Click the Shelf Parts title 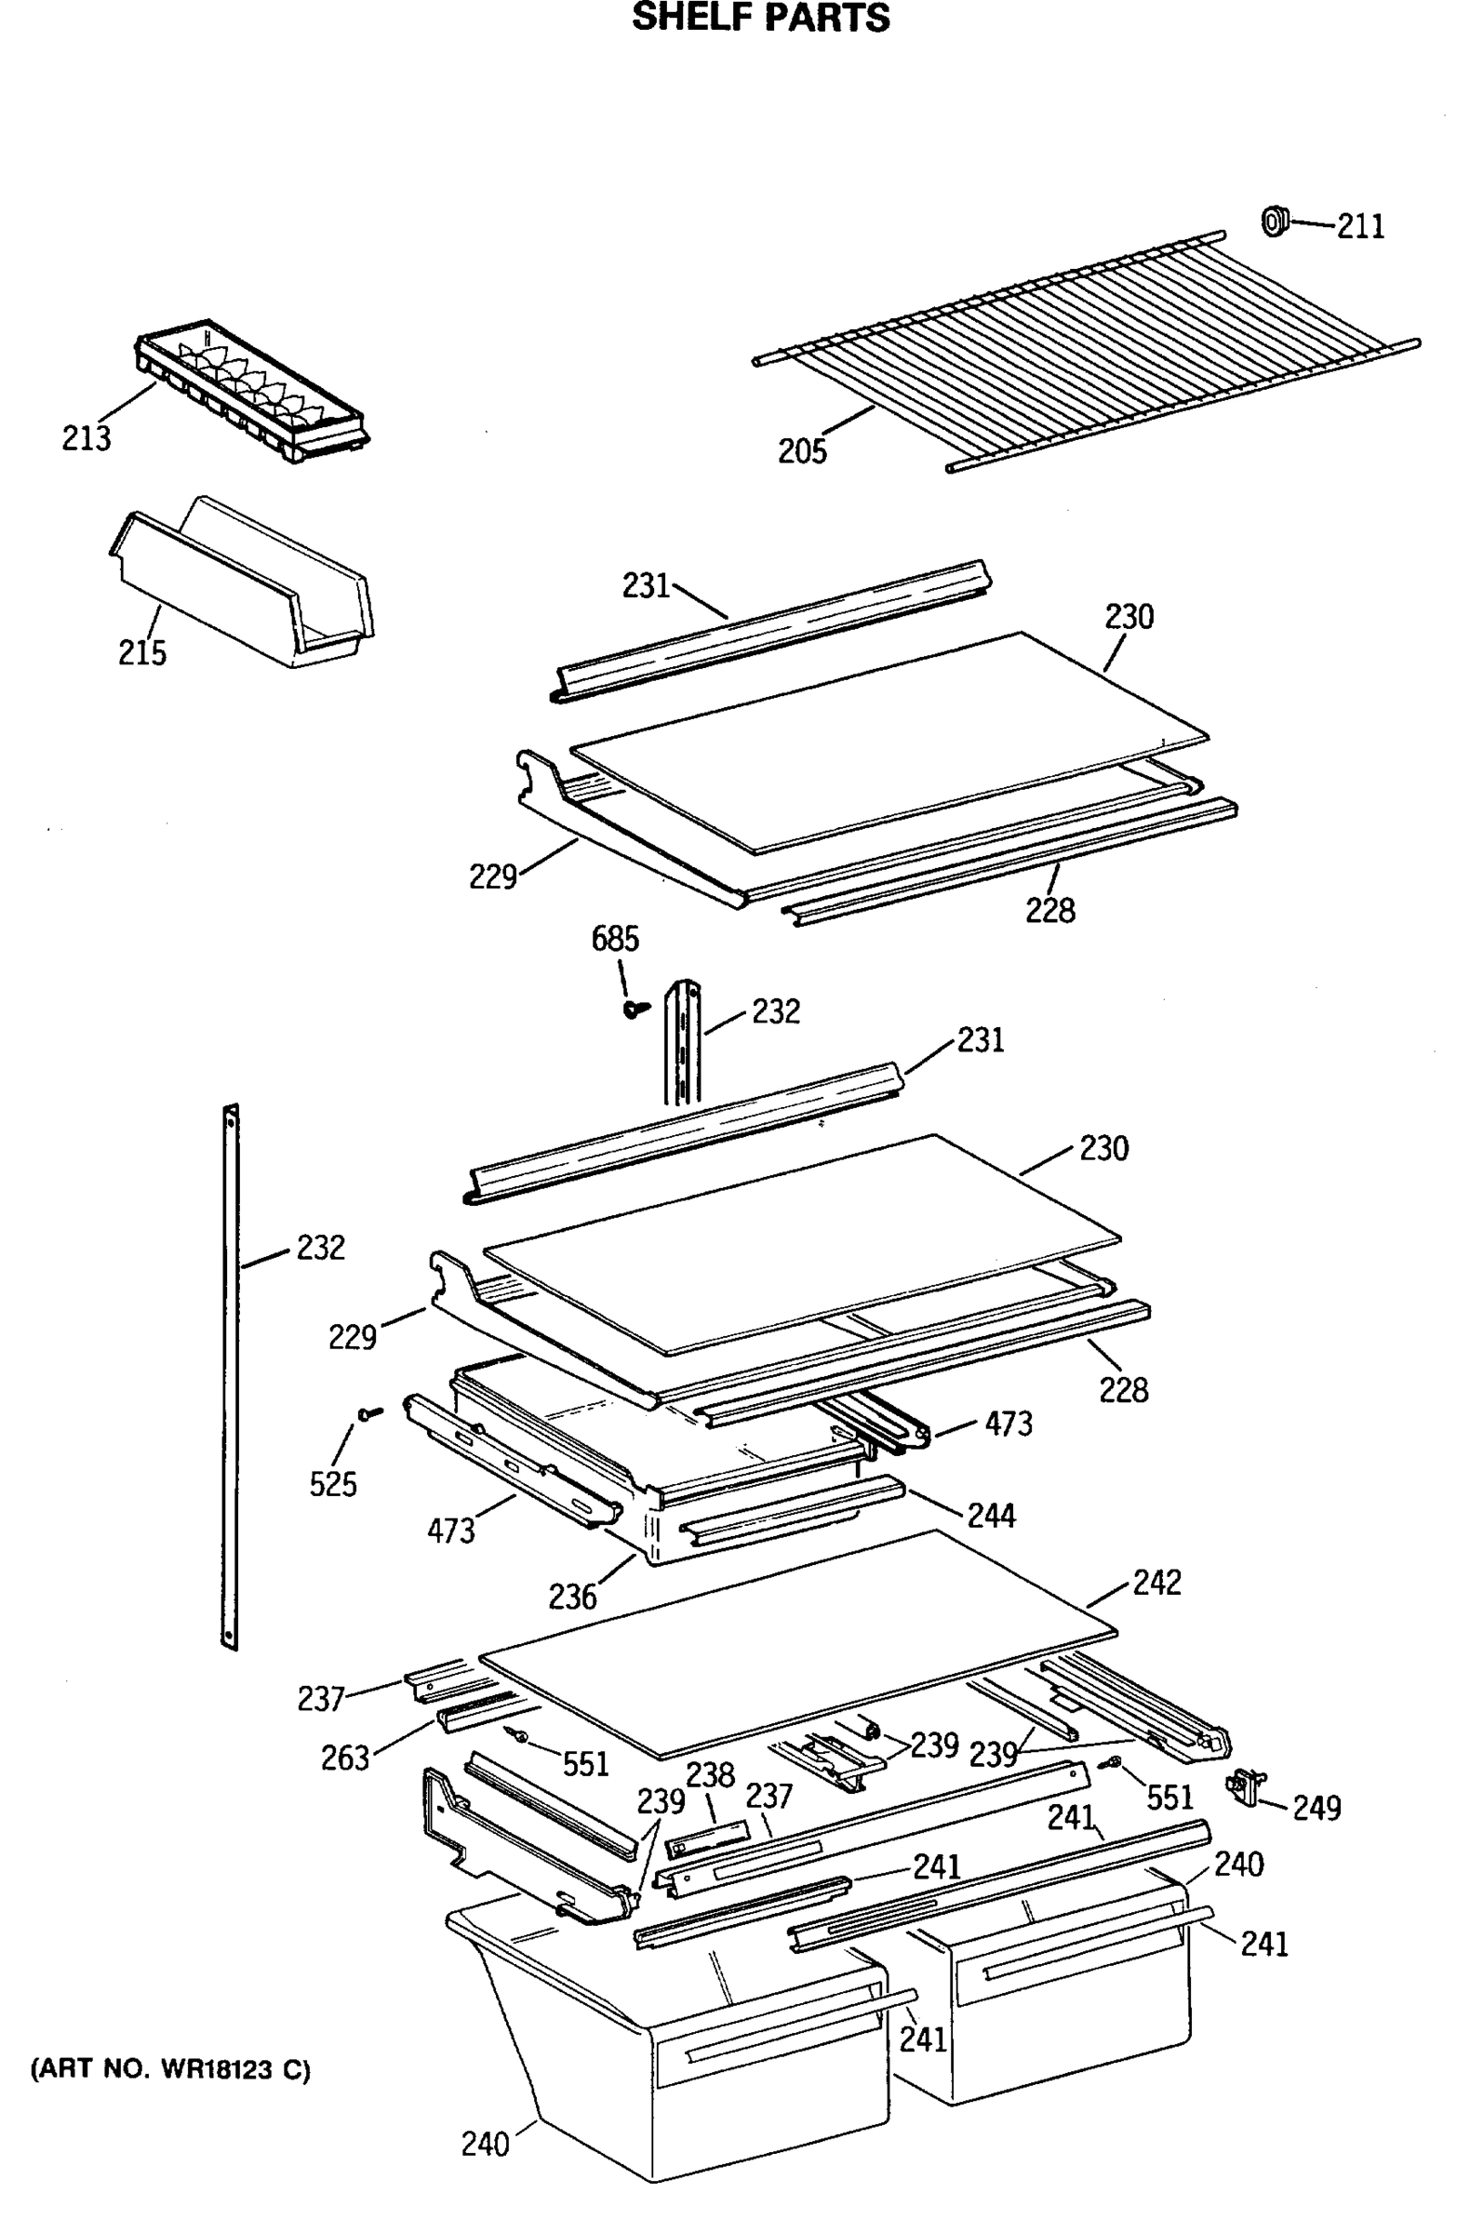point(760,18)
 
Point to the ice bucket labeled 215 point(242,583)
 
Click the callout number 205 point(802,452)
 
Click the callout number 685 point(614,938)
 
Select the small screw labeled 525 point(368,1413)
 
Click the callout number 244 point(991,1516)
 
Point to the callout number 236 point(572,1596)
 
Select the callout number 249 point(1316,1807)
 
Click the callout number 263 point(345,1758)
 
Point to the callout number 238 point(709,1773)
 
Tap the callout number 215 point(141,652)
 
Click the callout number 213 point(87,438)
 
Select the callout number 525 point(333,1483)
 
